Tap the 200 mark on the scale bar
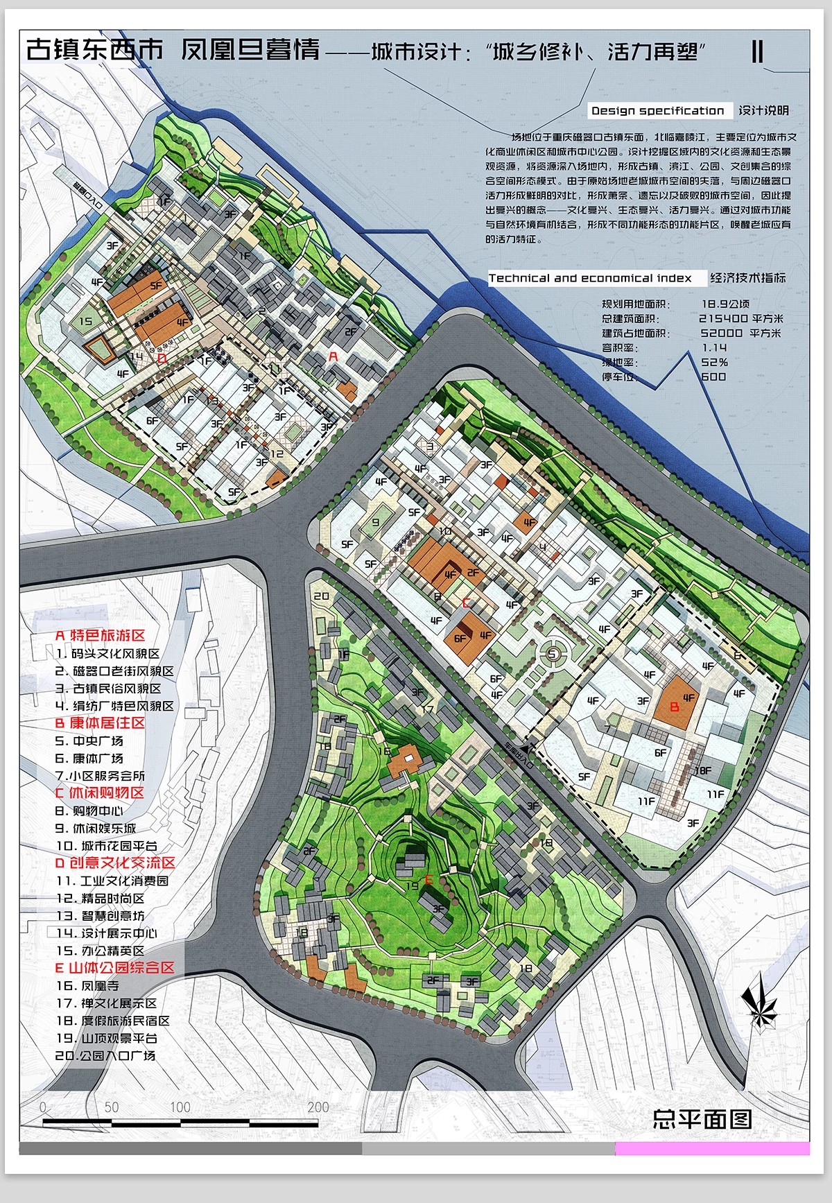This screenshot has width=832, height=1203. (x=318, y=1107)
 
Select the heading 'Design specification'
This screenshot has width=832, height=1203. (x=657, y=111)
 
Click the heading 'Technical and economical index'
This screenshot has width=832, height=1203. (x=590, y=278)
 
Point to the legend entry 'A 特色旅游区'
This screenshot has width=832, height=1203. (x=100, y=635)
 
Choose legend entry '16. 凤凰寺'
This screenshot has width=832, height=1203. (x=87, y=985)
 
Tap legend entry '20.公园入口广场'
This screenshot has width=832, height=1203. (x=105, y=1056)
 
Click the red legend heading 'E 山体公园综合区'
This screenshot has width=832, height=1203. (x=114, y=968)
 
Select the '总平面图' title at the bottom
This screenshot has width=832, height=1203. (x=702, y=1118)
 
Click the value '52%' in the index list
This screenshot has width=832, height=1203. (x=714, y=362)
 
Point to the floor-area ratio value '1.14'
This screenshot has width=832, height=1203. (x=714, y=347)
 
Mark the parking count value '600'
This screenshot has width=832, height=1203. (x=713, y=377)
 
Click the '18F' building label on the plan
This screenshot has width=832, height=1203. (x=702, y=770)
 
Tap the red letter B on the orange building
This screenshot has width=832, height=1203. (x=675, y=709)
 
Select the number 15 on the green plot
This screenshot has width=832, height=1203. (x=85, y=321)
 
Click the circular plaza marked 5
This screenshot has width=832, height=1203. (x=553, y=652)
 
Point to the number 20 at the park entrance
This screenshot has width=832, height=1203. (x=321, y=596)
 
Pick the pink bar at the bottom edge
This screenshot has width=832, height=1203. (x=712, y=1148)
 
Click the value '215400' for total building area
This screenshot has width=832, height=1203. (x=723, y=318)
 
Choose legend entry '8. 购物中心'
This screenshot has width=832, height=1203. (x=89, y=811)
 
